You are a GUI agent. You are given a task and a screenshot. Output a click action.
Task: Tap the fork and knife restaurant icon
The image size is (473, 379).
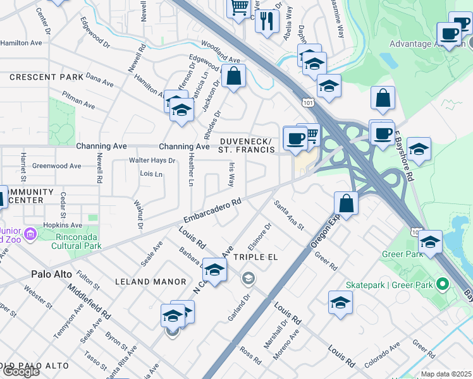(267, 21)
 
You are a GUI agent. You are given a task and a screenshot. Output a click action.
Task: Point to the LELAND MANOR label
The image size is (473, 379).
(142, 282)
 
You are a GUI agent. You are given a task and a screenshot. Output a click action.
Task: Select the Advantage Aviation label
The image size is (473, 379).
(427, 44)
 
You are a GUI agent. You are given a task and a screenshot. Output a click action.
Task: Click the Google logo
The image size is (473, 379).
(21, 371)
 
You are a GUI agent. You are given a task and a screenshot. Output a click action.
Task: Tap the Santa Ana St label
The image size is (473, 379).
(288, 215)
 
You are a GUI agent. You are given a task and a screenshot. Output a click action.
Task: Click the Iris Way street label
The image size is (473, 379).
(231, 174)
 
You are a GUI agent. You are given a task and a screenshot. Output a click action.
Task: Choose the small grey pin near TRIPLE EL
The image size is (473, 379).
(249, 278)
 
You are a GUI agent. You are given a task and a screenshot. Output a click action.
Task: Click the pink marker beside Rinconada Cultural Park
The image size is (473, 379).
(30, 234)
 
